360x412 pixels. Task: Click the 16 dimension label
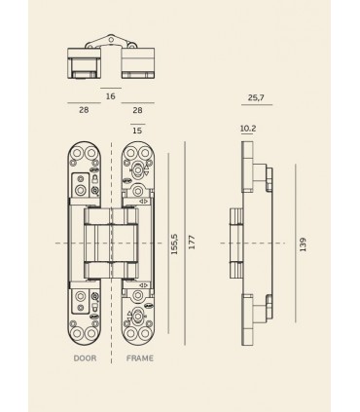(110, 96)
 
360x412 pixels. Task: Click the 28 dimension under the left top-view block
(85, 111)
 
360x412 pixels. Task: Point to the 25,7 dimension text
(257, 99)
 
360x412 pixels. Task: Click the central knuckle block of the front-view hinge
(113, 242)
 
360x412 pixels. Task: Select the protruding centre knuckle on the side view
(234, 242)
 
